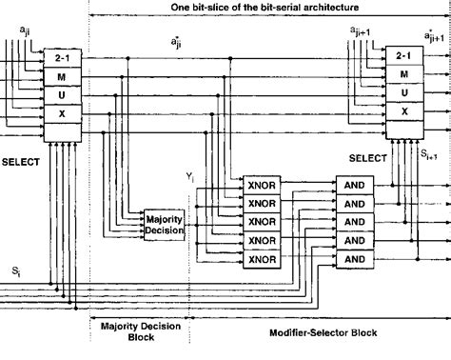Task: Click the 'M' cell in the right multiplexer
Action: [x=403, y=73]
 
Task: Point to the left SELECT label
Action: [x=20, y=162]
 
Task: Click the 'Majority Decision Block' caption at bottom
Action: [x=139, y=332]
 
